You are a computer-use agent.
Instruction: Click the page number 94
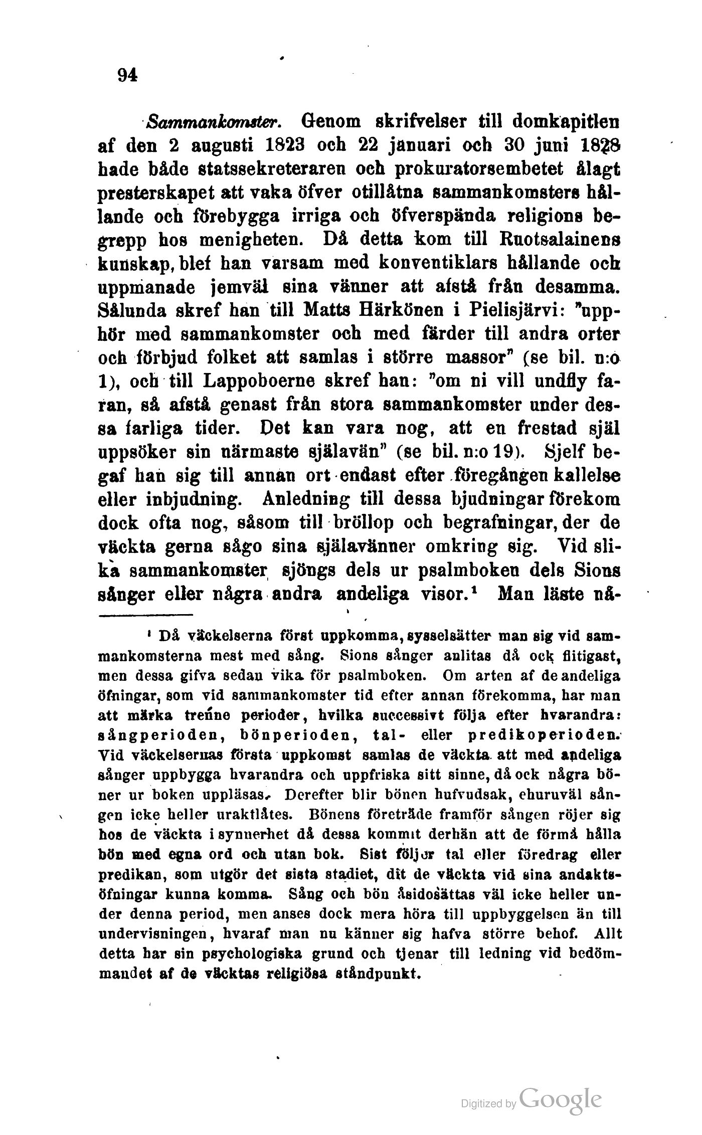click(127, 76)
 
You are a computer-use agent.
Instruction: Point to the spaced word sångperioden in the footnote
click(154, 735)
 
